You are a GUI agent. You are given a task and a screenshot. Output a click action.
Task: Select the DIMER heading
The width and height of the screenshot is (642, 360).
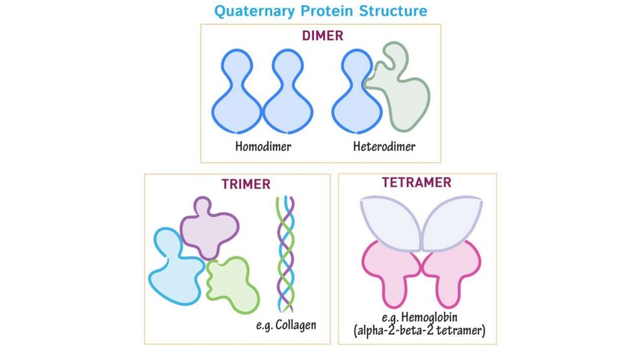322,36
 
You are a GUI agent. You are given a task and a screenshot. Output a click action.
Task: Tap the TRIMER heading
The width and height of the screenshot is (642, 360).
246,184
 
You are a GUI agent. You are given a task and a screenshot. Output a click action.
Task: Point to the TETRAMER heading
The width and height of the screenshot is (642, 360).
416,183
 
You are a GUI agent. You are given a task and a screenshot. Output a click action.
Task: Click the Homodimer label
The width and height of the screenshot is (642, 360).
263,147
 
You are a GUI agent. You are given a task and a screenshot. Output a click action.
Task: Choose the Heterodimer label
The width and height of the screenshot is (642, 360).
384,147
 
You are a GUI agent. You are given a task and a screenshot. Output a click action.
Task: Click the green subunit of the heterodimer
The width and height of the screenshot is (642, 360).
404,94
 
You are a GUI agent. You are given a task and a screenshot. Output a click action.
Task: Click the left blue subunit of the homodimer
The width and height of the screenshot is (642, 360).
236,100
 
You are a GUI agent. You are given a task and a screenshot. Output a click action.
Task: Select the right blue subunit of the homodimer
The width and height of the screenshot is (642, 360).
286,100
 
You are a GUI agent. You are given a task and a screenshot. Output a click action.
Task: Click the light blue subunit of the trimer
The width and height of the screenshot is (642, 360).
172,270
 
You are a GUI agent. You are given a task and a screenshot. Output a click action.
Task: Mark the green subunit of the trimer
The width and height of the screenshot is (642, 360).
232,282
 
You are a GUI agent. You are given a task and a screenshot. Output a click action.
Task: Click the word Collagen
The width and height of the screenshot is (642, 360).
297,326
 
